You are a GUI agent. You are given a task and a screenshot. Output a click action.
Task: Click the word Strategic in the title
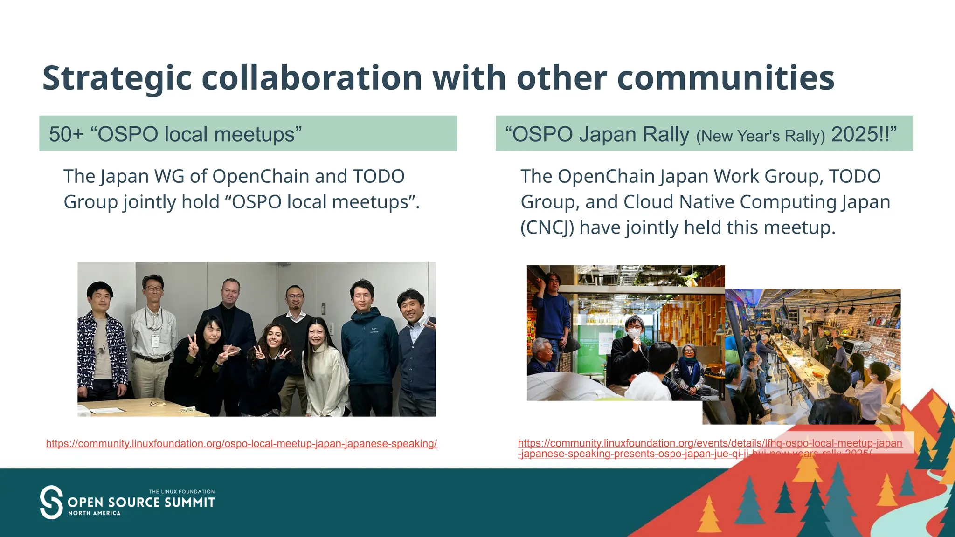(x=117, y=78)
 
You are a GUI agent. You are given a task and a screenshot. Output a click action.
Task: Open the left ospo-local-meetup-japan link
(x=242, y=444)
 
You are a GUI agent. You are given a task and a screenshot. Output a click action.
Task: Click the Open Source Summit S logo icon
(x=51, y=502)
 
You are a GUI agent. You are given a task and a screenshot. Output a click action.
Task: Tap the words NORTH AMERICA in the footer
(x=95, y=513)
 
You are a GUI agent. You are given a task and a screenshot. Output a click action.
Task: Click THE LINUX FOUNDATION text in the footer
(x=182, y=492)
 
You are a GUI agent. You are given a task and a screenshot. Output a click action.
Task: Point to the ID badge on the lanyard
(x=155, y=341)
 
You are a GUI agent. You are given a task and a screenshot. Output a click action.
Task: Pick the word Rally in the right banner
(x=666, y=134)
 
